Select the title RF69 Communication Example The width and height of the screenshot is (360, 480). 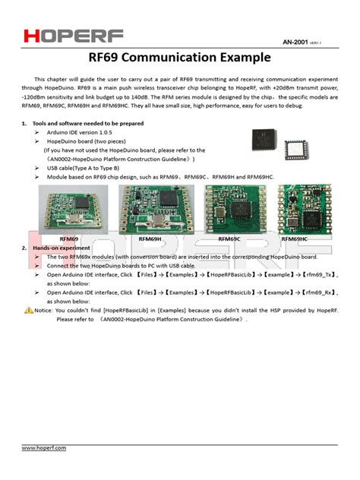[x=179, y=57]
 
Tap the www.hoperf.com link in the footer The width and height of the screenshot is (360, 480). [x=43, y=448]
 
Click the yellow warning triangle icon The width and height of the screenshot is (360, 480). [x=28, y=310]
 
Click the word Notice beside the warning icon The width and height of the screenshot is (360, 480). [x=43, y=310]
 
